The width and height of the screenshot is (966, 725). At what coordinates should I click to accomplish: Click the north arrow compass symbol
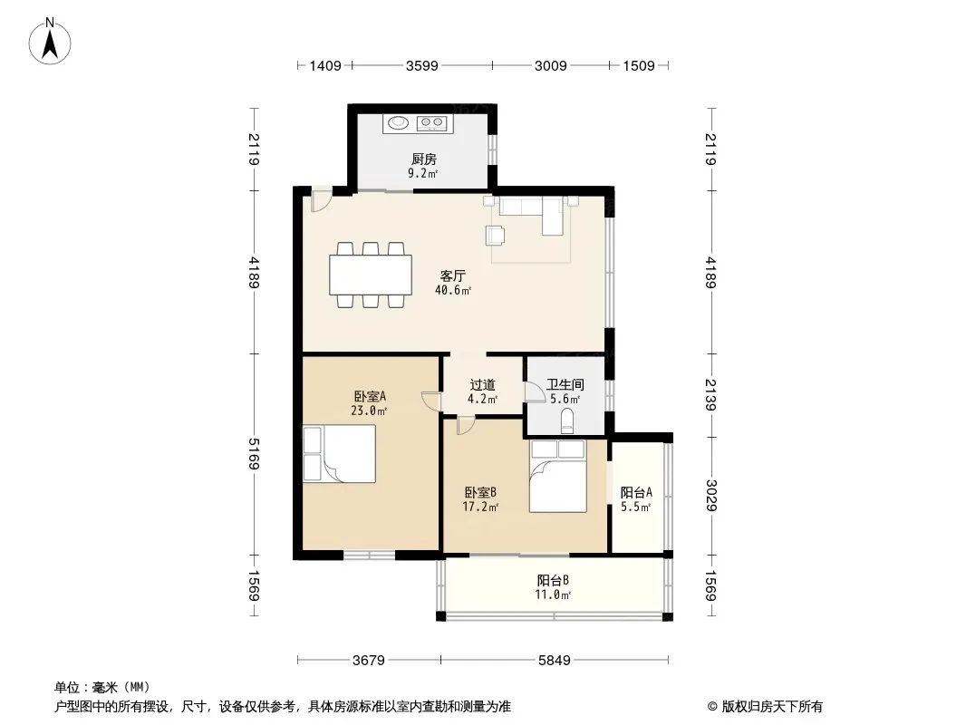point(50,42)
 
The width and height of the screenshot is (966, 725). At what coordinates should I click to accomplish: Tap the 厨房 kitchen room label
point(424,159)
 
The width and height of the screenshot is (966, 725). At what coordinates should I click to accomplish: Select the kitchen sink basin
point(396,123)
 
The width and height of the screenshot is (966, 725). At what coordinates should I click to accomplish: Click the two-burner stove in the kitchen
point(431,123)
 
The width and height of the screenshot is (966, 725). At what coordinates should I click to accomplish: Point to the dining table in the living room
point(371,275)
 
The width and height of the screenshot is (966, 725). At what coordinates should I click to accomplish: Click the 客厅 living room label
point(452,275)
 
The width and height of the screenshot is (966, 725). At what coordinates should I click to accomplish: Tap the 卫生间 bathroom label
point(565,385)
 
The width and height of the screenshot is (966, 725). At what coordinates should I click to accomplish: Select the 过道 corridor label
point(482,385)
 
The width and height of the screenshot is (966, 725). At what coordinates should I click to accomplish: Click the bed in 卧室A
point(340,453)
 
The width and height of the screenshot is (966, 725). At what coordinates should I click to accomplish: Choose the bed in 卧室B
point(557,476)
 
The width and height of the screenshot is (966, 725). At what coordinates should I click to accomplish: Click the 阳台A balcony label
point(636,493)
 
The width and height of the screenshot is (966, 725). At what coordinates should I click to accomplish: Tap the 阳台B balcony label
point(553,580)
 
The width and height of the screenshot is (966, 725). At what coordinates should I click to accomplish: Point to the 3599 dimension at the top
point(422,65)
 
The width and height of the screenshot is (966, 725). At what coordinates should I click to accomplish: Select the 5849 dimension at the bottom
point(555,661)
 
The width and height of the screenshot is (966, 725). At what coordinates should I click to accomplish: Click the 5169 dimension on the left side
point(254,454)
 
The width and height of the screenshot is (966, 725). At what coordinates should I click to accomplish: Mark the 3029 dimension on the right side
point(711,495)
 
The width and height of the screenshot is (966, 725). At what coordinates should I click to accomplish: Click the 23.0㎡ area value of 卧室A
point(369,411)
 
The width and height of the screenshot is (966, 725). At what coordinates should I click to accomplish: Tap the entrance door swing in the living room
point(321,199)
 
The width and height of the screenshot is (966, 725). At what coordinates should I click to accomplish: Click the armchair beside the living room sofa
point(496,236)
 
